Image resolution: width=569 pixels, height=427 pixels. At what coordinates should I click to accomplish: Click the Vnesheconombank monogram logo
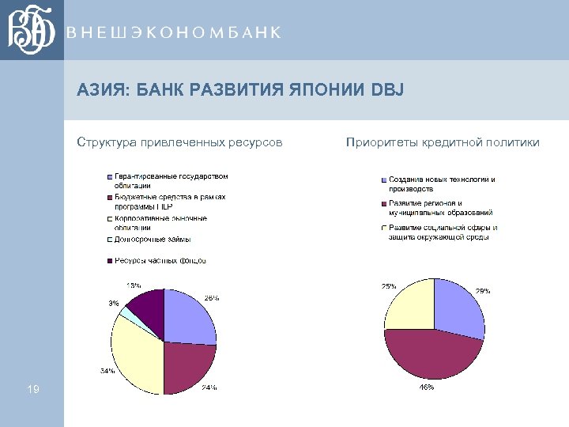pos(32,30)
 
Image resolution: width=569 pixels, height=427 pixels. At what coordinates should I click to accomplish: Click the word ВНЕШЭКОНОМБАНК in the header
pos(174,32)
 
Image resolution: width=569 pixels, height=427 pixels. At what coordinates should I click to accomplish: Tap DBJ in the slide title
pos(386,91)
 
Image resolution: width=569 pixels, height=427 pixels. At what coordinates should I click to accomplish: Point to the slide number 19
pos(33,388)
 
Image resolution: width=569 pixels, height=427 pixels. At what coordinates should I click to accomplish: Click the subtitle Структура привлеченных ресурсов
pos(179,142)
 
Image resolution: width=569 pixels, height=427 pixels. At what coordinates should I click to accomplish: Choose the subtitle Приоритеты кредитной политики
pos(443,142)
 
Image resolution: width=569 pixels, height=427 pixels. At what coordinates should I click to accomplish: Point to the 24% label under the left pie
pos(209,387)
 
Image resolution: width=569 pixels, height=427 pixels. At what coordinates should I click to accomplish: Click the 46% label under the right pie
pos(425,387)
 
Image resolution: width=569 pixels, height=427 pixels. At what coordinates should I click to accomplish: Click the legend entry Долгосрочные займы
pos(152,240)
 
